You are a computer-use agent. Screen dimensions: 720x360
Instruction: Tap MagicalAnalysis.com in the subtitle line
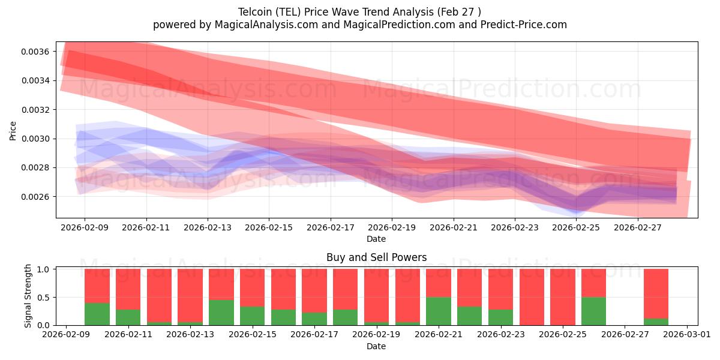click(266, 25)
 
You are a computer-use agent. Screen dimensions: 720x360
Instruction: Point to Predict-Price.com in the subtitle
click(524, 25)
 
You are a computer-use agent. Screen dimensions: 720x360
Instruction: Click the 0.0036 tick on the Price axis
click(35, 52)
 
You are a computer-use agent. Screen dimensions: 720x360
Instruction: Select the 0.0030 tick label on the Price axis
click(35, 139)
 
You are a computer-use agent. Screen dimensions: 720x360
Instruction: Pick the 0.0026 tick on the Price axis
click(35, 197)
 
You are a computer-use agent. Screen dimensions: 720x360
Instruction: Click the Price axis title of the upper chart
click(13, 131)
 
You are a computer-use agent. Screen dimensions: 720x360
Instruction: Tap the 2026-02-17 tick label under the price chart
click(331, 227)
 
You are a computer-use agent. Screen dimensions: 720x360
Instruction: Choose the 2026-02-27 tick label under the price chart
click(638, 227)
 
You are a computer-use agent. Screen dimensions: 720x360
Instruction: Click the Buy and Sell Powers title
click(376, 257)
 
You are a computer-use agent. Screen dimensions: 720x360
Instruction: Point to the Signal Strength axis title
click(28, 296)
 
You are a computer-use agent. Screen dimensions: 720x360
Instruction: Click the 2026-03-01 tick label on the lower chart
click(687, 334)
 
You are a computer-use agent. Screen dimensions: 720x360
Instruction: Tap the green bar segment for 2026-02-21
click(439, 311)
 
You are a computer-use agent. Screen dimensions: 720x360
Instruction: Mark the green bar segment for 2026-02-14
click(221, 313)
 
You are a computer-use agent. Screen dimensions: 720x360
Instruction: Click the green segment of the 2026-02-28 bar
click(656, 322)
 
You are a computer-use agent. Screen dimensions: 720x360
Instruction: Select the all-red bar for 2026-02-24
click(532, 297)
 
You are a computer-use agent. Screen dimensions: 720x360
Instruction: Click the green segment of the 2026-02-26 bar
click(593, 311)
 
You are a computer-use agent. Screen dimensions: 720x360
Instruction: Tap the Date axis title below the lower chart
click(376, 346)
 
